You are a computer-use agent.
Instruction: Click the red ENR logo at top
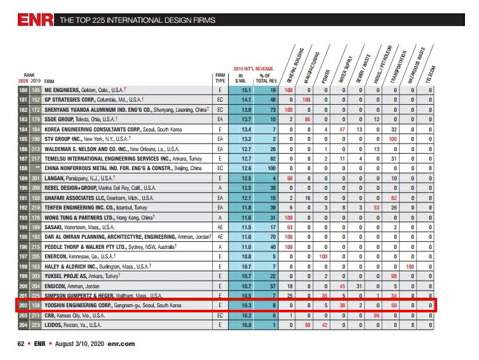[x=35, y=20]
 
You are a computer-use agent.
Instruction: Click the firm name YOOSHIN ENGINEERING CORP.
[x=79, y=305]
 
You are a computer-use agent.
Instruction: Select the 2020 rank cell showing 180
[x=24, y=90]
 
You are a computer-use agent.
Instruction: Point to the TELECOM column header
[x=431, y=74]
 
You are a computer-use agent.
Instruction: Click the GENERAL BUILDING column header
[x=295, y=65]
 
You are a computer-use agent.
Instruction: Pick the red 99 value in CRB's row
[x=376, y=315]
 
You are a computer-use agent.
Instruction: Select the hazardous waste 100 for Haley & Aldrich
[x=410, y=267]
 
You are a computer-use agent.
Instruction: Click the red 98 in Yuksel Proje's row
[x=393, y=276]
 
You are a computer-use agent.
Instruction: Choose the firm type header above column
[x=220, y=78]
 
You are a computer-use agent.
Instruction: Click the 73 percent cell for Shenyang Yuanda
[x=273, y=110]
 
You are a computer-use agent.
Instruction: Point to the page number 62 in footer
[x=21, y=343]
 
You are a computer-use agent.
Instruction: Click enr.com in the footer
[x=121, y=343]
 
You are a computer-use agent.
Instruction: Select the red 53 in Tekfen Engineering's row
[x=376, y=208]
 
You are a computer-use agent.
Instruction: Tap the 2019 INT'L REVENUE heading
[x=253, y=69]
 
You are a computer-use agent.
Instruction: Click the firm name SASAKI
[x=53, y=227]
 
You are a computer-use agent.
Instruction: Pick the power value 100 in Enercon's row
[x=323, y=257]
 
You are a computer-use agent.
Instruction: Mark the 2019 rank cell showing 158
[x=36, y=305]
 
